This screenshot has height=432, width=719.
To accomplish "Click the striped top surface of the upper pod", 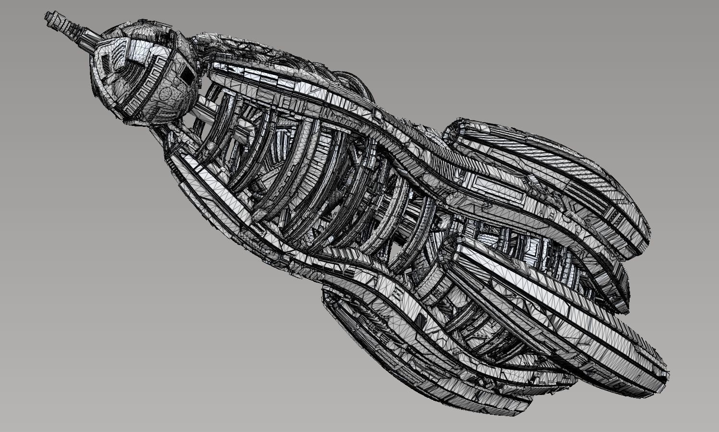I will (553, 159).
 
